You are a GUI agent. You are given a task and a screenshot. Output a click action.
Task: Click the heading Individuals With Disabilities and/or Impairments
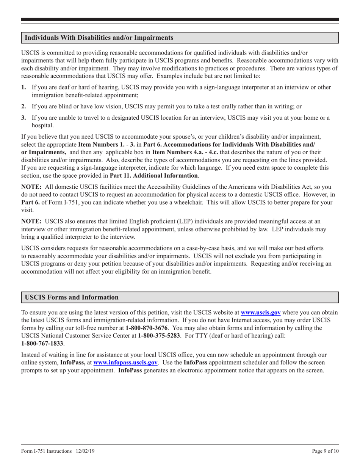click(x=99, y=38)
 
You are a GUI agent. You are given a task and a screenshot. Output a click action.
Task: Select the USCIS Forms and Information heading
click(x=72, y=297)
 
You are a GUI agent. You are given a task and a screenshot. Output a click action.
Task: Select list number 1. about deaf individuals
click(x=23, y=88)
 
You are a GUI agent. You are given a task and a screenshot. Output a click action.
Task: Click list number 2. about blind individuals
click(x=23, y=106)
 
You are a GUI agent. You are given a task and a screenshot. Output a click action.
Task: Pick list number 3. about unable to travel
click(x=23, y=118)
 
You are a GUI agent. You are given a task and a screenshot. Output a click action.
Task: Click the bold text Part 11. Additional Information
click(x=153, y=175)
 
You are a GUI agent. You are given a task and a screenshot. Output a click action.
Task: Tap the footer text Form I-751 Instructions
click(x=46, y=451)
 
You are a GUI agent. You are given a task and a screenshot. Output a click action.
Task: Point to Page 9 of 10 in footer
click(x=325, y=451)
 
